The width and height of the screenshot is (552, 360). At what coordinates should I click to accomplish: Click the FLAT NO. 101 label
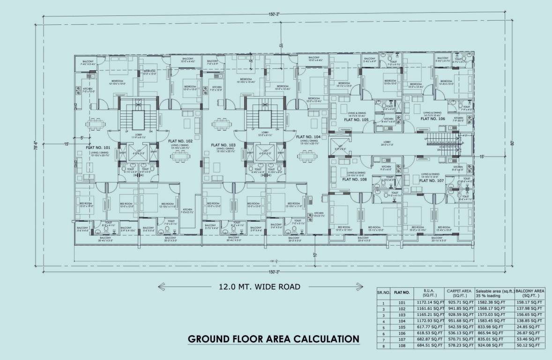tap(98, 147)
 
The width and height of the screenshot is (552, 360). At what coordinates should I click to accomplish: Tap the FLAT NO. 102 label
tap(180, 141)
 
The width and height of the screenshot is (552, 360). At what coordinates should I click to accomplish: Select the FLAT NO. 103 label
tap(224, 145)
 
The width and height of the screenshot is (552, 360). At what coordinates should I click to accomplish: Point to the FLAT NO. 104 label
tap(308, 137)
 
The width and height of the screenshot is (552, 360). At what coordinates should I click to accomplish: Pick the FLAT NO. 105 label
tap(357, 120)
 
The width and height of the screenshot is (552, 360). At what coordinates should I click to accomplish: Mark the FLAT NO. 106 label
tap(433, 119)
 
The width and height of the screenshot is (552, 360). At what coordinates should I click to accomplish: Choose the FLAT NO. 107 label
tap(431, 180)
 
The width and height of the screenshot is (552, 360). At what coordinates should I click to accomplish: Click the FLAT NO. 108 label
tap(355, 179)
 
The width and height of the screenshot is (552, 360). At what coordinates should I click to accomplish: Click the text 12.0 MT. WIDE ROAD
tap(259, 286)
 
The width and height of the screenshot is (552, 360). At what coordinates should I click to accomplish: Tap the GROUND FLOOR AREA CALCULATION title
tap(274, 338)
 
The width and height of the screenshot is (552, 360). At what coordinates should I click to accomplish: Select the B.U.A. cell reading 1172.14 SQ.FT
tap(430, 303)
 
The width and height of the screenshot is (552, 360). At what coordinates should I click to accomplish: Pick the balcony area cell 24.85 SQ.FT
tap(530, 326)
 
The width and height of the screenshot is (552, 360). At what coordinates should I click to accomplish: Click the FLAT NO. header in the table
tap(403, 292)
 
